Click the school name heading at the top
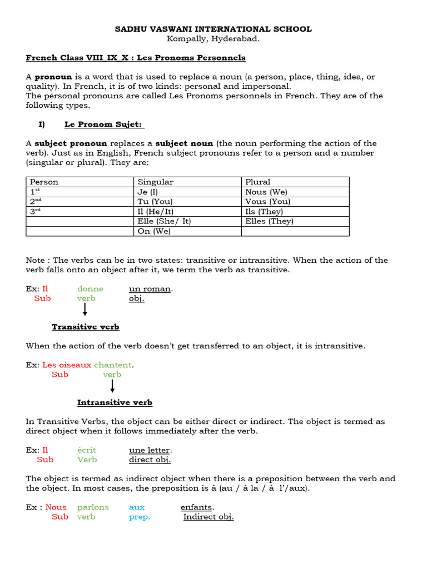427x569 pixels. click(213, 29)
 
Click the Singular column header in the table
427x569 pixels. click(156, 182)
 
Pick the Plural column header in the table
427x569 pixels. click(258, 182)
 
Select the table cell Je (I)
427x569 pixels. click(148, 192)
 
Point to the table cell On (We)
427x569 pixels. click(154, 231)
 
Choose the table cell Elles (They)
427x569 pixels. click(269, 221)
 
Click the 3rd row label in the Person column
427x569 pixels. click(36, 211)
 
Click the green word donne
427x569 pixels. click(91, 289)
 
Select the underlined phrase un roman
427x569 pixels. click(151, 289)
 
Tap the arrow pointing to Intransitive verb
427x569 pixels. click(112, 387)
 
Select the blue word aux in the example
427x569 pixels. click(137, 507)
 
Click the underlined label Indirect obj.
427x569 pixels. click(208, 517)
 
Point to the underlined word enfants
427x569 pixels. click(197, 507)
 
